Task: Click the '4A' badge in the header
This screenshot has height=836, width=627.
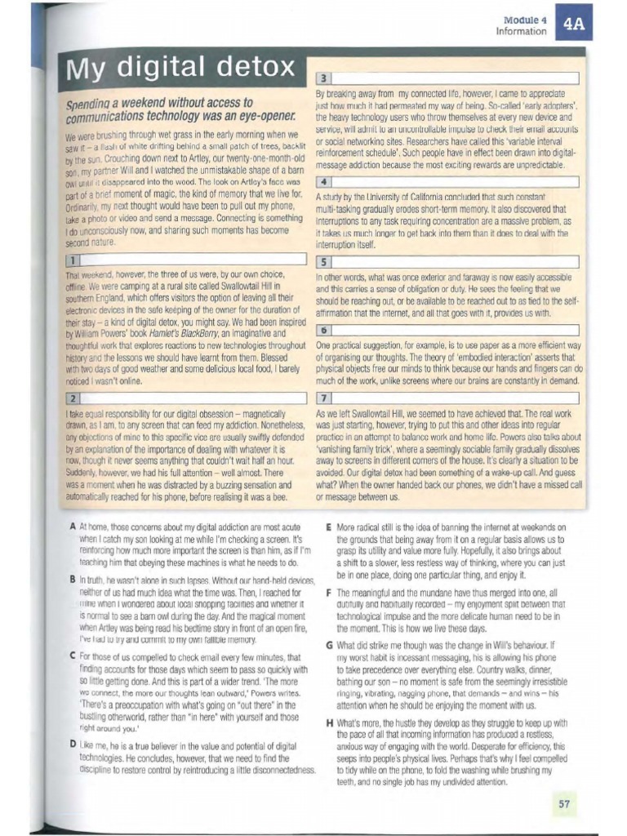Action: pyautogui.click(x=573, y=24)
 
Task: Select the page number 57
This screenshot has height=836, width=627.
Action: pyautogui.click(x=563, y=803)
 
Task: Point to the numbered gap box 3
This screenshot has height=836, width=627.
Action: pyautogui.click(x=323, y=79)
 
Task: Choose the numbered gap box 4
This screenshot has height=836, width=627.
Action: pyautogui.click(x=323, y=181)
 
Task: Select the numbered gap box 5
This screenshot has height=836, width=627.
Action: pyautogui.click(x=323, y=262)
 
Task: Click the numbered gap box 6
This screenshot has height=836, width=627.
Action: pyautogui.click(x=323, y=330)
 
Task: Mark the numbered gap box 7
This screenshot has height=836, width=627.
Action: pyautogui.click(x=323, y=398)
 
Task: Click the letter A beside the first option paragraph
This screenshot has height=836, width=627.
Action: pyautogui.click(x=73, y=527)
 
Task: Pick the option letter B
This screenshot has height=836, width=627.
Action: pyautogui.click(x=73, y=580)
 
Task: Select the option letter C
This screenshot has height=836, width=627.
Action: pyautogui.click(x=73, y=656)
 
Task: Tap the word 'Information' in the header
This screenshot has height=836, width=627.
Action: pyautogui.click(x=521, y=31)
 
